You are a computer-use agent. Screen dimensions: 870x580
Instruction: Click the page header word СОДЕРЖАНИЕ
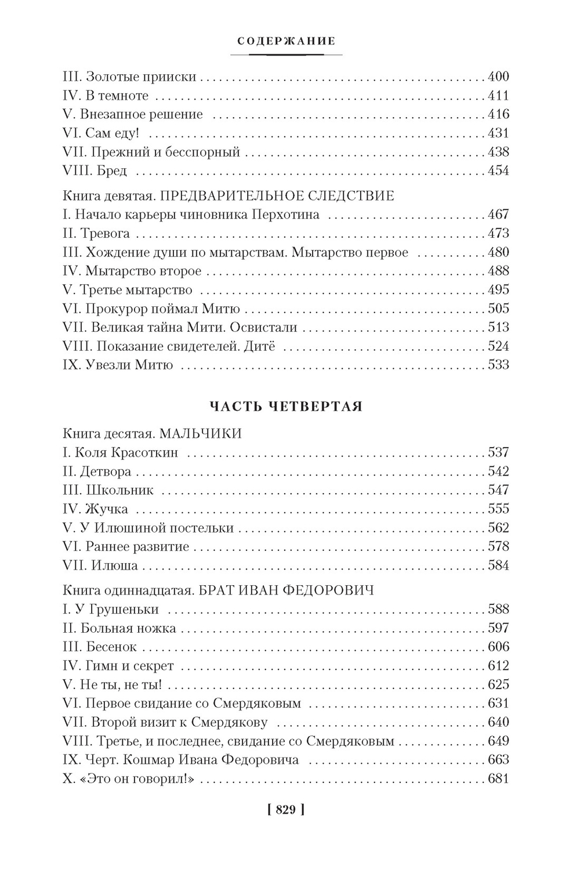click(x=287, y=41)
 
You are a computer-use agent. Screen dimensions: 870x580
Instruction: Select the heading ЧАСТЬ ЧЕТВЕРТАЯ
click(x=285, y=407)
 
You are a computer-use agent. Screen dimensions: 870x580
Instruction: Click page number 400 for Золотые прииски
click(x=498, y=77)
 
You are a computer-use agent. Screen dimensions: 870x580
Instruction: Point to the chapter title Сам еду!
click(x=112, y=133)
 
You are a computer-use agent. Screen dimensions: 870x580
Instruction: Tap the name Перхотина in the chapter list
click(x=286, y=215)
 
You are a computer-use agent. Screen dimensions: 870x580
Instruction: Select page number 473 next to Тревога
click(x=498, y=234)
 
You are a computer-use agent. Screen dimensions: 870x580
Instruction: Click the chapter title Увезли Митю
click(x=129, y=365)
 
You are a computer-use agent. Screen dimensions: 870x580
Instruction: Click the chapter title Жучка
click(x=107, y=509)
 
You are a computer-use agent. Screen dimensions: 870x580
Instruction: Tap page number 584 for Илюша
click(x=498, y=565)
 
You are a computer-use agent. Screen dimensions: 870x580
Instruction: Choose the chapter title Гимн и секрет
click(x=129, y=666)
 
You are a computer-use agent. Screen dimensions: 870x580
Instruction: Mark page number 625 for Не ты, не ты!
click(x=498, y=684)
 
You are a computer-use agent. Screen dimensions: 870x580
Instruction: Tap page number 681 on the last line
click(x=498, y=779)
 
